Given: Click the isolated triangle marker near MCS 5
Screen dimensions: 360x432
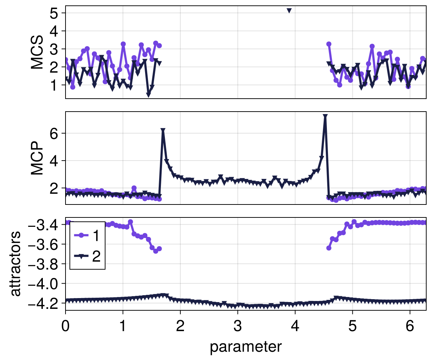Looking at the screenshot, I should pyautogui.click(x=289, y=10).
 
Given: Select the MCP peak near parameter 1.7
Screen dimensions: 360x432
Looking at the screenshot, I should pyautogui.click(x=163, y=130).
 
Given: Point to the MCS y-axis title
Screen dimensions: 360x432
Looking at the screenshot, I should pyautogui.click(x=37, y=52).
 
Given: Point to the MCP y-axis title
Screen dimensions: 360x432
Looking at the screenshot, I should pyautogui.click(x=37, y=158).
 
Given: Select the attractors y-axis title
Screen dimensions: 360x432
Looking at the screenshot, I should pyautogui.click(x=15, y=264).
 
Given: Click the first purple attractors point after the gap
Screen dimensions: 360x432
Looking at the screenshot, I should pyautogui.click(x=329, y=248).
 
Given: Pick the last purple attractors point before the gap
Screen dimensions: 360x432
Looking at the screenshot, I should pyautogui.click(x=159, y=249).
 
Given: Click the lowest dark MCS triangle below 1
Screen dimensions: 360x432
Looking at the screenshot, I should pyautogui.click(x=148, y=95).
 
